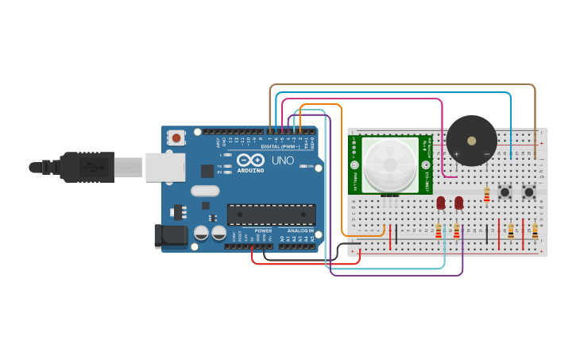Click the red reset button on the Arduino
[176, 138]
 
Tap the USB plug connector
[87, 167]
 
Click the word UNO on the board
[282, 160]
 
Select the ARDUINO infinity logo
[250, 161]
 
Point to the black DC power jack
[170, 236]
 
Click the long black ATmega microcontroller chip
[271, 214]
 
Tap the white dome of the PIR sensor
[390, 165]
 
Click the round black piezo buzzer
[471, 141]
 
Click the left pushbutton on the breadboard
[504, 192]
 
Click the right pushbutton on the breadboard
[529, 192]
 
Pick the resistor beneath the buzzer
[487, 195]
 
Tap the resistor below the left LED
[439, 230]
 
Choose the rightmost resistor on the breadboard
[535, 230]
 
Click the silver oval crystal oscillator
[204, 190]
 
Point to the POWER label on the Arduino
[263, 231]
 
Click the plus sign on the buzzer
[457, 153]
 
